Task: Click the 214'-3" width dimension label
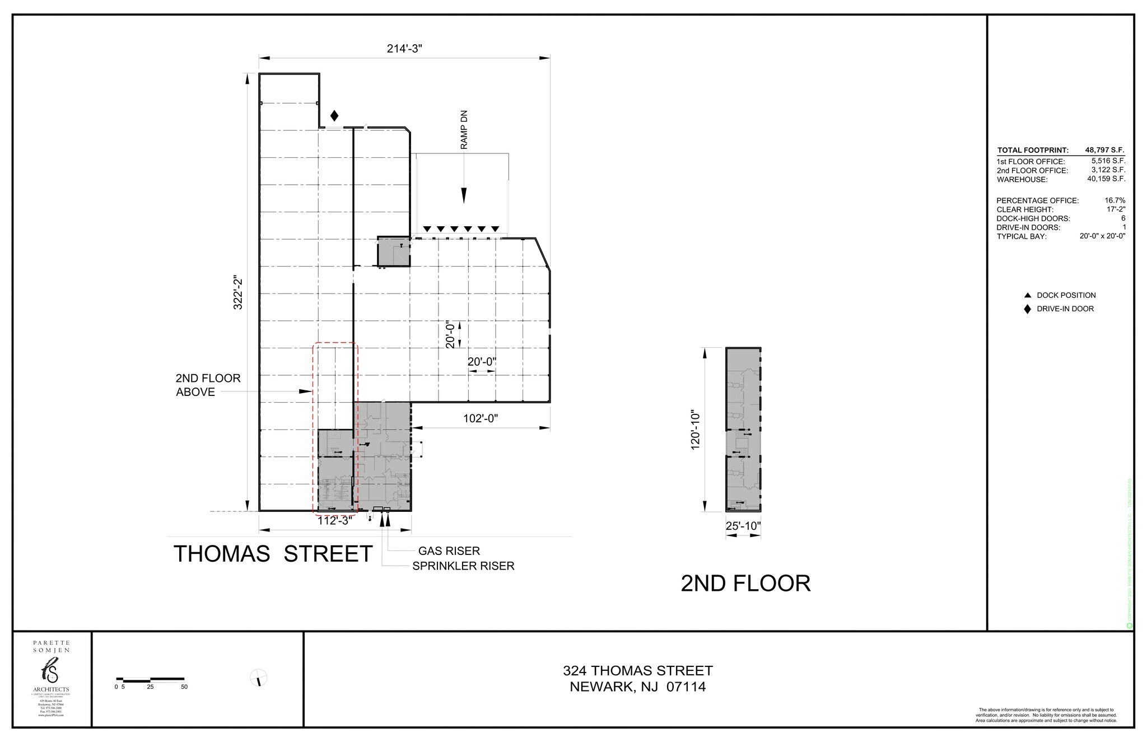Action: pyautogui.click(x=404, y=49)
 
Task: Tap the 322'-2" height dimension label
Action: pyautogui.click(x=238, y=292)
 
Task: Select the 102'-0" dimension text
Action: pyautogui.click(x=480, y=418)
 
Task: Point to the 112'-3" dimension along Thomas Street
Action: pyautogui.click(x=335, y=520)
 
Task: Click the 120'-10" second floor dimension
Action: pyautogui.click(x=696, y=429)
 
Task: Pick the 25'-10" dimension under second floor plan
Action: pyautogui.click(x=743, y=526)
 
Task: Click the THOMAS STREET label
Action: pyautogui.click(x=273, y=554)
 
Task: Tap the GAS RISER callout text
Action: pyautogui.click(x=449, y=551)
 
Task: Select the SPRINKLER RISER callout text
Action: pyautogui.click(x=463, y=566)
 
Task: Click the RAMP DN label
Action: pyautogui.click(x=464, y=129)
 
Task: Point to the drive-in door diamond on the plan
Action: pyautogui.click(x=334, y=116)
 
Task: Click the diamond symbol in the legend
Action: pyautogui.click(x=1027, y=309)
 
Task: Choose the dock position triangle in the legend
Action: pyautogui.click(x=1027, y=295)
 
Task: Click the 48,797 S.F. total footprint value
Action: pyautogui.click(x=1105, y=151)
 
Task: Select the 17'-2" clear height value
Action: pyautogui.click(x=1116, y=209)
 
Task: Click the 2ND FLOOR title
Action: pyautogui.click(x=745, y=584)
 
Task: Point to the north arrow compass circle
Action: pyautogui.click(x=258, y=678)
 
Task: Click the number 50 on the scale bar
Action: pyautogui.click(x=184, y=687)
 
